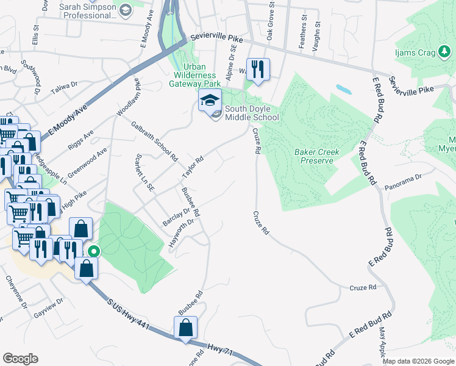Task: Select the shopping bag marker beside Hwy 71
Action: [x=185, y=328]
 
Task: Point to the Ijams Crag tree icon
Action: [x=444, y=53]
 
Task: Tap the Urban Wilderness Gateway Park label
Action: [x=195, y=75]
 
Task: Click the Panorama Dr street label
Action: [x=408, y=178]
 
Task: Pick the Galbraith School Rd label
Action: [x=154, y=140]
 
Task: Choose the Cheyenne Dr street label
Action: [x=15, y=290]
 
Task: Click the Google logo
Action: [x=20, y=359]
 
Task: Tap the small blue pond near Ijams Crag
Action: [x=343, y=89]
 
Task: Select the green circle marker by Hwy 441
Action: [x=93, y=251]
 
